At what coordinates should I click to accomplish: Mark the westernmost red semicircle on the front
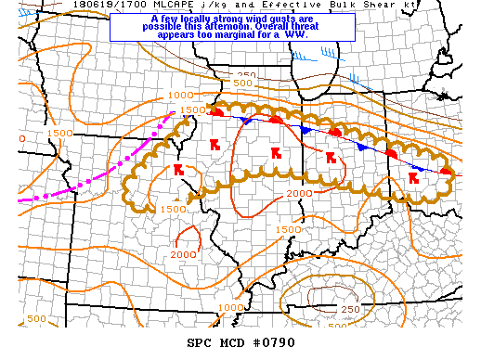coord(216,111)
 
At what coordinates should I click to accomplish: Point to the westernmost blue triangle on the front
coord(246,121)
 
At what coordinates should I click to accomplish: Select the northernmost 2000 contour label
coord(299,193)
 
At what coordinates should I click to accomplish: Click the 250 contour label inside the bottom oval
coord(351,309)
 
